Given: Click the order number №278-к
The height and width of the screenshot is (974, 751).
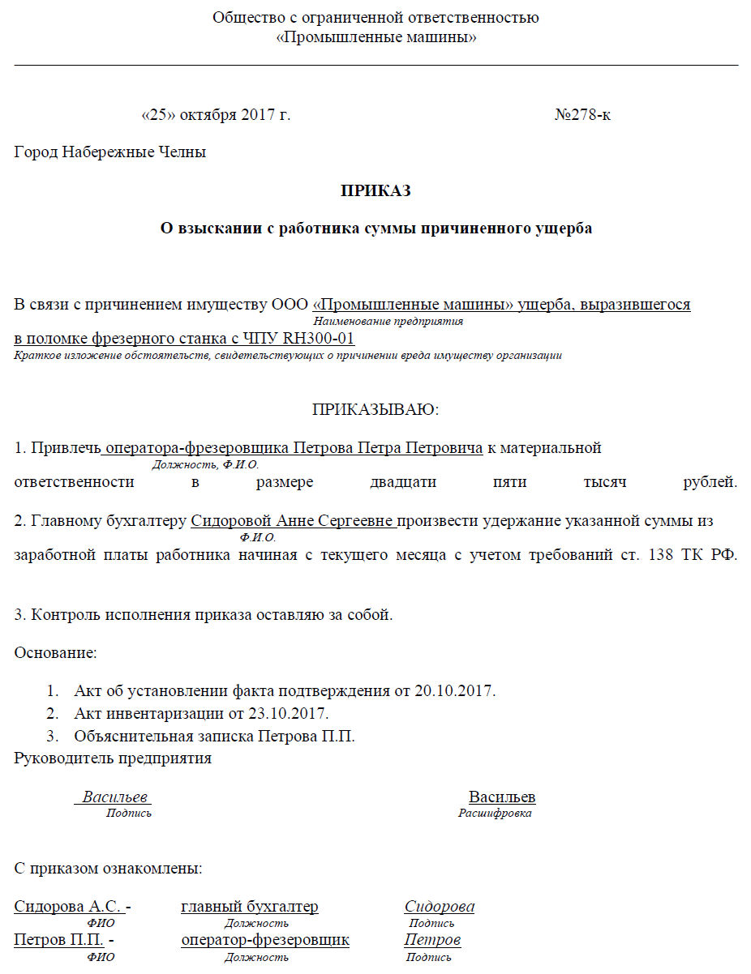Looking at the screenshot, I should click(x=582, y=115).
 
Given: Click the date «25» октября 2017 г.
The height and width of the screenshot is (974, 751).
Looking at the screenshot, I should click(x=216, y=115).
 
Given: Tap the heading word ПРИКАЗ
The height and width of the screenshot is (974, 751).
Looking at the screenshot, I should click(x=375, y=190).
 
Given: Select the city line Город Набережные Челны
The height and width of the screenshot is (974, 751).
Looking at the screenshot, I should click(x=110, y=152).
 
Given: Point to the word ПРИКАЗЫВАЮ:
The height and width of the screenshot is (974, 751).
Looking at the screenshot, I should click(x=375, y=409).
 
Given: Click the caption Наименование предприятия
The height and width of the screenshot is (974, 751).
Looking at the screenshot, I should click(x=411, y=322).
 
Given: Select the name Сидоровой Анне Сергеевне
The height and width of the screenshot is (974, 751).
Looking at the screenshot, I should click(x=293, y=520).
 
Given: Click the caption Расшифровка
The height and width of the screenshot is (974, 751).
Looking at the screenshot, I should click(x=495, y=814).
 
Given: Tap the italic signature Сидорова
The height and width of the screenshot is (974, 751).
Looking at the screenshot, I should click(x=440, y=907).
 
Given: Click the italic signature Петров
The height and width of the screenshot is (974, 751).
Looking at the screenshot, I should click(x=432, y=940).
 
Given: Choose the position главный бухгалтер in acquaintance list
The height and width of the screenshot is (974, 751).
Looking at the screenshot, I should click(x=250, y=907).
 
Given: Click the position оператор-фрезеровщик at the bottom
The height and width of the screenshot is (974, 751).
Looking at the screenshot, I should click(x=265, y=940).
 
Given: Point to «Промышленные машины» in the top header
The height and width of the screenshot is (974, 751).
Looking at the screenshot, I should click(x=375, y=38).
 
